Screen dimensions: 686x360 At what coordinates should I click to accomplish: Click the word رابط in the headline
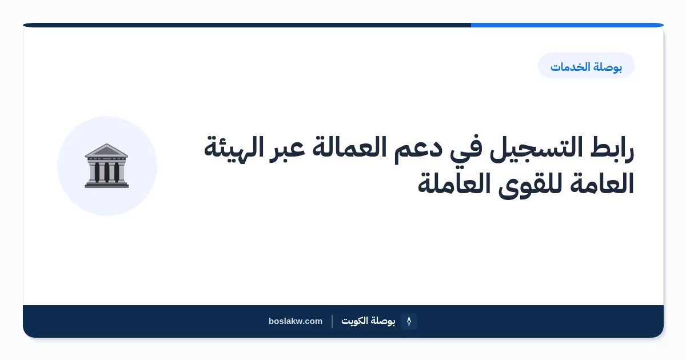click(612, 149)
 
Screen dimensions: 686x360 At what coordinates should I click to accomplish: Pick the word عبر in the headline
click(287, 149)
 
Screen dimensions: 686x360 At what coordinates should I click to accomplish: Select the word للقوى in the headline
click(530, 185)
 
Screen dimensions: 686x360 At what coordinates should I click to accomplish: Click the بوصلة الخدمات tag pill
click(586, 66)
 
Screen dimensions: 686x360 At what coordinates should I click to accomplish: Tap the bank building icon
click(106, 166)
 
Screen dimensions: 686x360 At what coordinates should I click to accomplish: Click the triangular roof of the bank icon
click(106, 150)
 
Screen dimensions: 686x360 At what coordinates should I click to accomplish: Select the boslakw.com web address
click(296, 321)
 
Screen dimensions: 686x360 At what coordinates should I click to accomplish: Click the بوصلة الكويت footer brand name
click(368, 321)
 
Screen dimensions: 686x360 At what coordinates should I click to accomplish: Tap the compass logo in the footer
click(409, 321)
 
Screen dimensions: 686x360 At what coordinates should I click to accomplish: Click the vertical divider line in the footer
click(332, 321)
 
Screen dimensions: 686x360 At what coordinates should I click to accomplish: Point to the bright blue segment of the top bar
click(567, 25)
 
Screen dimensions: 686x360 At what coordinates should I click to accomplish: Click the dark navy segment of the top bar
click(247, 25)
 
